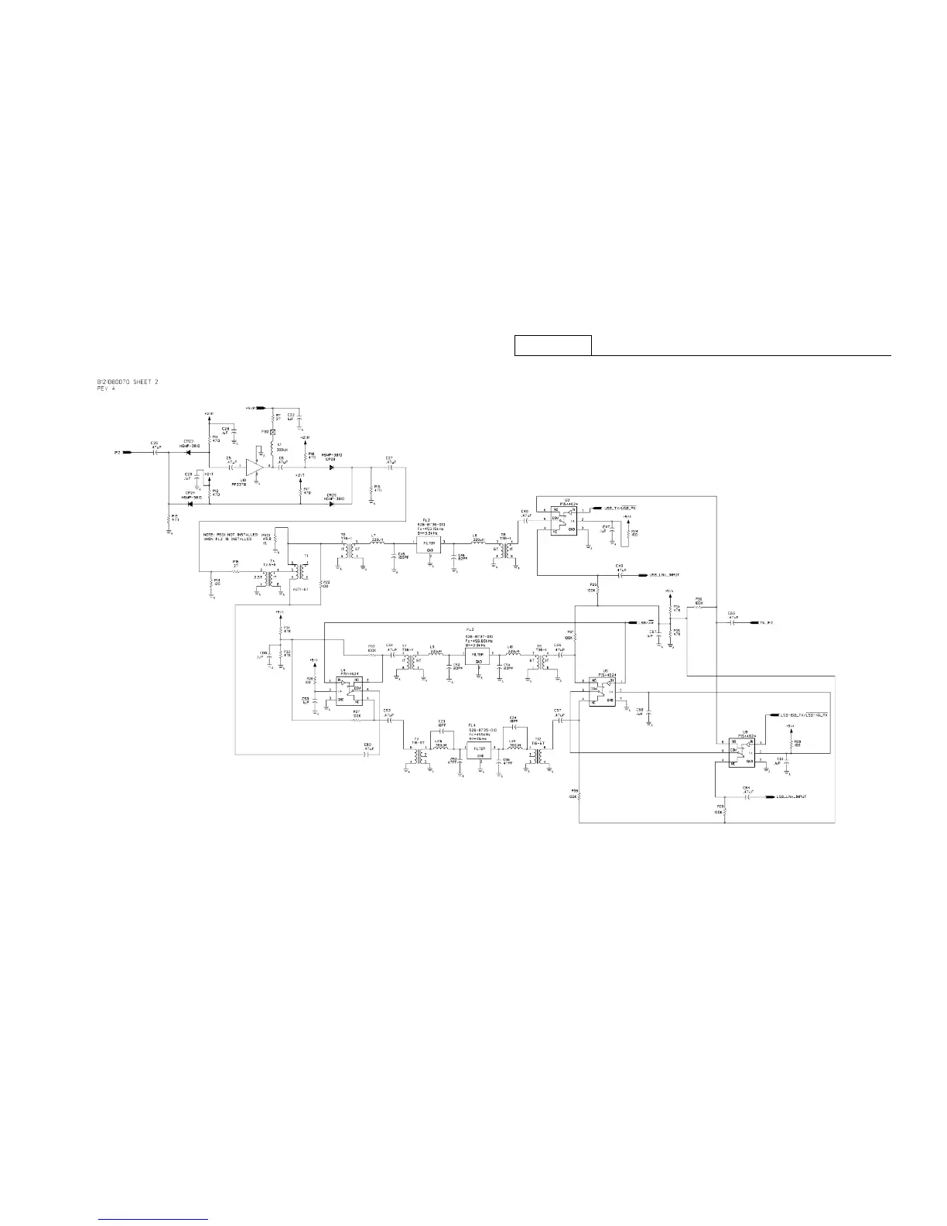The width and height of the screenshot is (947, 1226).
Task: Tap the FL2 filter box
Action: click(429, 544)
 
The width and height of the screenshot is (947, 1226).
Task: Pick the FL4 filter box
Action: click(480, 749)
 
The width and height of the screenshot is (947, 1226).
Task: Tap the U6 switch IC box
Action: click(738, 751)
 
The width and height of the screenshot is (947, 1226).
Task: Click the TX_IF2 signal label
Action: click(767, 622)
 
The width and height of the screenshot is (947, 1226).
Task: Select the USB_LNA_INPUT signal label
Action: click(664, 575)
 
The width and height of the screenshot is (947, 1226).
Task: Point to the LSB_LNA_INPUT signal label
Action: click(791, 796)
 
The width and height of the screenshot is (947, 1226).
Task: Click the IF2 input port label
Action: click(117, 452)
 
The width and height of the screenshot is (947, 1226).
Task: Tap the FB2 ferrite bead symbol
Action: click(273, 431)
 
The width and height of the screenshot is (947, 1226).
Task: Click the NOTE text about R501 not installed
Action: click(229, 537)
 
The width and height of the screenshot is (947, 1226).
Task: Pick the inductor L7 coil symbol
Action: click(378, 543)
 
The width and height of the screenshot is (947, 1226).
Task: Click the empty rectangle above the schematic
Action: click(553, 345)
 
